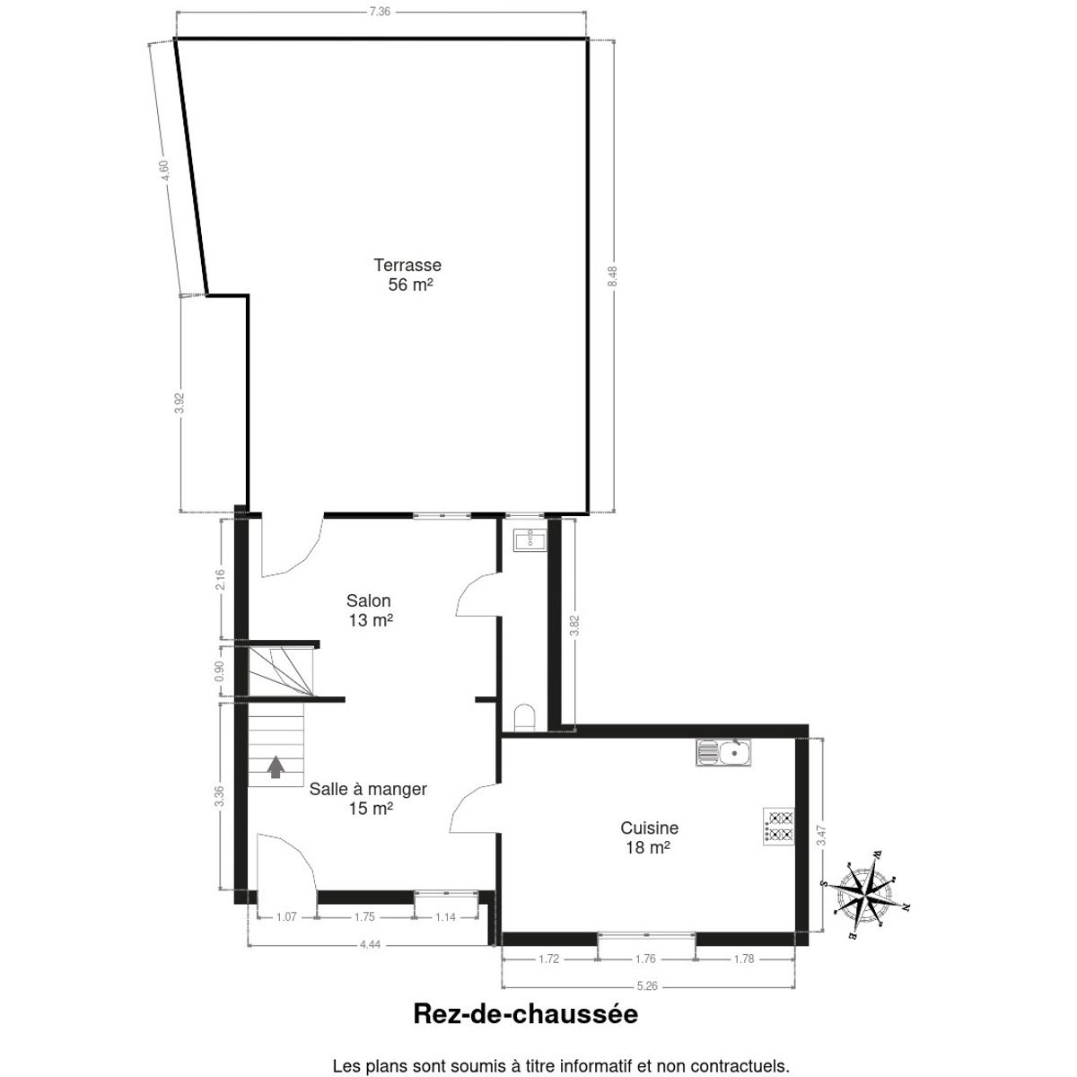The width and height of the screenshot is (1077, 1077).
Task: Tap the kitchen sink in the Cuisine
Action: coord(723,752)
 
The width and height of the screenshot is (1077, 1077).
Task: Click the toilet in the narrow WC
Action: coord(524,718)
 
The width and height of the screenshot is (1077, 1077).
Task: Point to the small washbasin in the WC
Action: coord(529,541)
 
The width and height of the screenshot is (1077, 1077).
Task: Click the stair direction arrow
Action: coord(276,766)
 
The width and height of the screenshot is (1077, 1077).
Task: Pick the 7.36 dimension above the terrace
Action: coord(380,11)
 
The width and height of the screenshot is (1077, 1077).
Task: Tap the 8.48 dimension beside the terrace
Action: coord(613,276)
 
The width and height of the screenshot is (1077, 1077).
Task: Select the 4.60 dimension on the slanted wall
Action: coord(163,170)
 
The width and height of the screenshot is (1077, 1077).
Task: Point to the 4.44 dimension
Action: coord(370,944)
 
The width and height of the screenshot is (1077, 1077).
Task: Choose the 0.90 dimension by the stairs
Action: coord(219,670)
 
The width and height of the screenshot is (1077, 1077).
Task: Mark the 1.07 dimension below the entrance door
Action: coord(286,917)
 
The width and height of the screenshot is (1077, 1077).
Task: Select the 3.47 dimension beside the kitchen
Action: coord(820,835)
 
